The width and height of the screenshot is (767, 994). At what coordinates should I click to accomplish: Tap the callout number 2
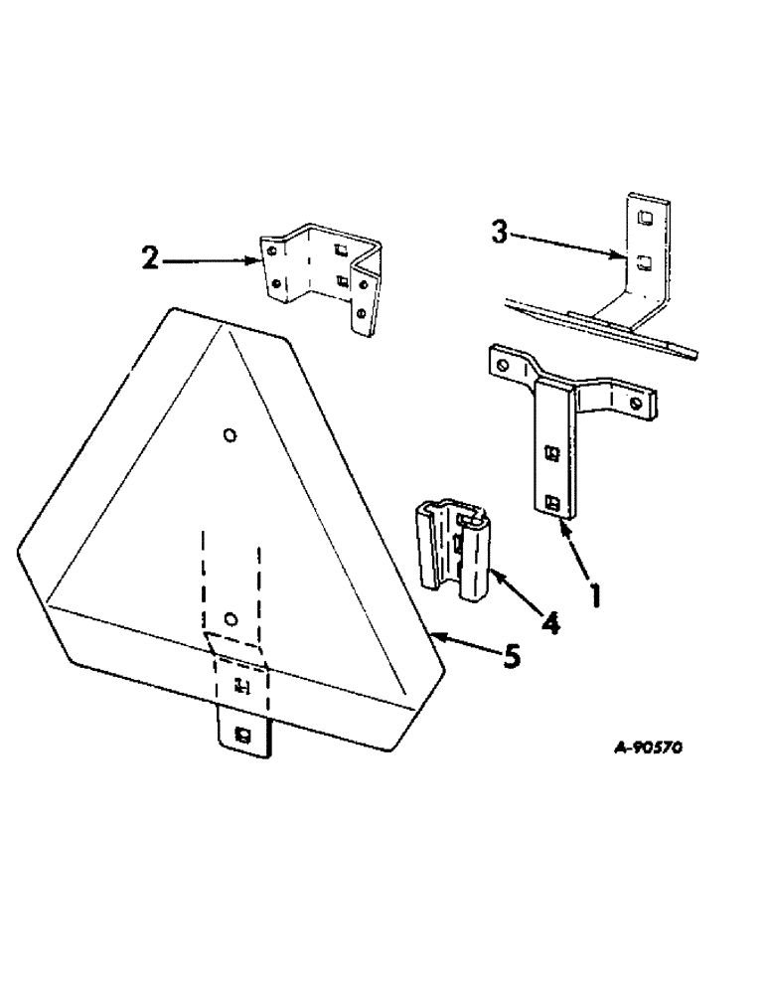click(151, 260)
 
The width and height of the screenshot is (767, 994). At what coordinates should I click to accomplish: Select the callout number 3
click(501, 236)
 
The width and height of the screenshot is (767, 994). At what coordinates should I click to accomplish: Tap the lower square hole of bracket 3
click(645, 262)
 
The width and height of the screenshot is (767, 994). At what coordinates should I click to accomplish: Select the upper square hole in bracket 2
click(342, 250)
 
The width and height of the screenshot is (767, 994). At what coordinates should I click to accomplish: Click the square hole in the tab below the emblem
click(241, 735)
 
